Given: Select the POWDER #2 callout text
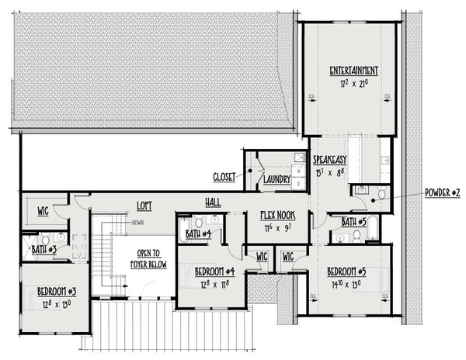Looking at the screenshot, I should (x=443, y=192).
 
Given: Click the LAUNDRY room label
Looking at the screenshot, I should (x=276, y=180).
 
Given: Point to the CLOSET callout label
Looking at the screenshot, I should (x=224, y=177).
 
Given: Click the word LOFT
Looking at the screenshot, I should (x=144, y=206).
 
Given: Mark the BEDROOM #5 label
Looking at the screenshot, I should (x=346, y=272).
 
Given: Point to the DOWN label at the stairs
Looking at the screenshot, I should (x=137, y=223).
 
